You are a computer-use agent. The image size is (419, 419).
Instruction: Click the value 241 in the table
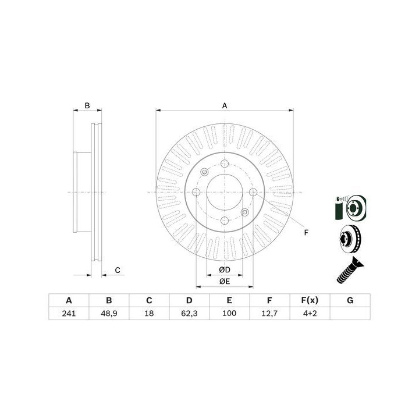click(69, 313)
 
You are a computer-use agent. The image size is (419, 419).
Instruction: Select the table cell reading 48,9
click(109, 313)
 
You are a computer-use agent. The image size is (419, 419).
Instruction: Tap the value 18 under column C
click(149, 313)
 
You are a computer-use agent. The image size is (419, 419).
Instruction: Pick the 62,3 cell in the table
click(189, 313)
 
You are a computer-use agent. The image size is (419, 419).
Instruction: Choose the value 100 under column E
click(229, 313)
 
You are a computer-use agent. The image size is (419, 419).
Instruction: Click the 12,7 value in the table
click(269, 313)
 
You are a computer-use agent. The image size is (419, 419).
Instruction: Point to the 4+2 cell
click(310, 313)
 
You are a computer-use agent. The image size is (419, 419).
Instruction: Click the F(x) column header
click(310, 300)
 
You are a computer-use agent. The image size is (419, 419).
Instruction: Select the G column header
click(350, 300)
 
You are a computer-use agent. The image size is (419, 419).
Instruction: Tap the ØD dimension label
click(225, 269)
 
